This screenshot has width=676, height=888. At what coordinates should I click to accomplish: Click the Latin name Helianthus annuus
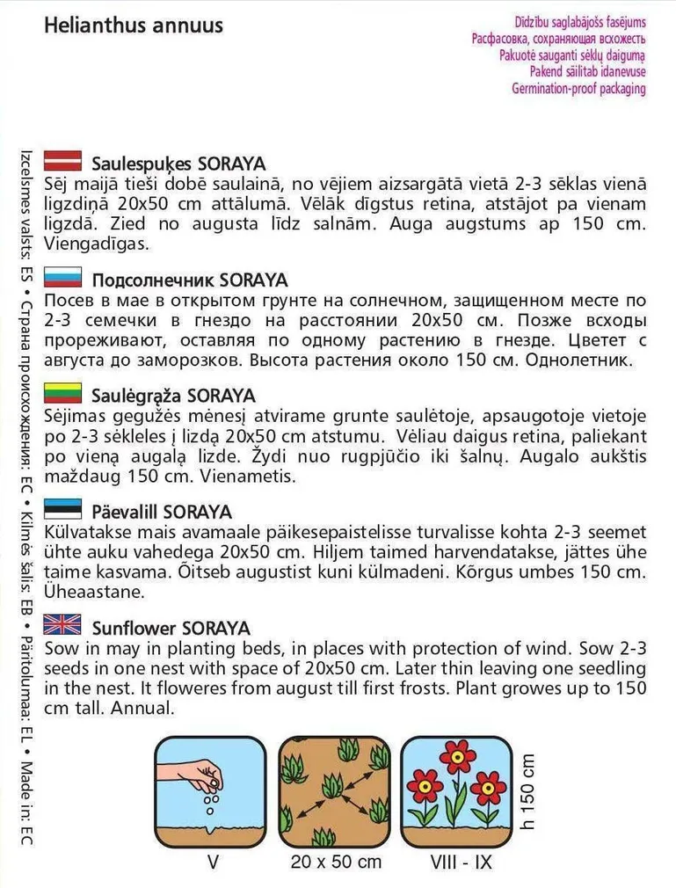[x=133, y=25]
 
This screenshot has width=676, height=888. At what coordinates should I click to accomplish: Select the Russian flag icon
[x=62, y=279]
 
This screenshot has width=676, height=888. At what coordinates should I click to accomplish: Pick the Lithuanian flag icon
[x=62, y=394]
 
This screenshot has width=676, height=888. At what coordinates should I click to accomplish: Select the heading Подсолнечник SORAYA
[x=189, y=280]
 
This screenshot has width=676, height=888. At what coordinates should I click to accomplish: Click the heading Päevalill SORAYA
[x=162, y=512]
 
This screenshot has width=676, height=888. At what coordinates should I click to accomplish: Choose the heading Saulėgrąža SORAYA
[x=173, y=396]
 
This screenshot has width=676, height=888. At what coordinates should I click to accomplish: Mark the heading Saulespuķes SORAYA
[x=178, y=164]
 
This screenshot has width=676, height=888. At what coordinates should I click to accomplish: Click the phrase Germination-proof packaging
[x=578, y=89]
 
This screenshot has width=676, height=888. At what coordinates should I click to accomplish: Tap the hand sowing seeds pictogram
[x=210, y=789]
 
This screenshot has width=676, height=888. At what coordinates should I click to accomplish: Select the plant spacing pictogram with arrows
[x=334, y=789]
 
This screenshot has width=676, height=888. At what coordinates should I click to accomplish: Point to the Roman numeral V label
[x=212, y=862]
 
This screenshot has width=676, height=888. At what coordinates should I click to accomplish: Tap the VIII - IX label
[x=458, y=862]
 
